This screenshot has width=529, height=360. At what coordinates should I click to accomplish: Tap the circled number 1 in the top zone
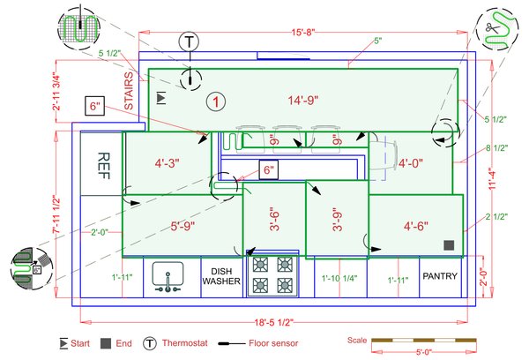tap(216, 101)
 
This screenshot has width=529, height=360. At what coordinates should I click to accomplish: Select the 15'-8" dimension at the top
tap(303, 33)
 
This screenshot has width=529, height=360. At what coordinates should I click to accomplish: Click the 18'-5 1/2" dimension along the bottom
tap(274, 322)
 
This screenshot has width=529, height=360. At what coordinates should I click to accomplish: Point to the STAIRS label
tap(129, 91)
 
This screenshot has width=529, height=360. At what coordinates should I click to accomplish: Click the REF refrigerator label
tap(103, 166)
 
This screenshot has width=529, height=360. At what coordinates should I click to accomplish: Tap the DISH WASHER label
tap(221, 276)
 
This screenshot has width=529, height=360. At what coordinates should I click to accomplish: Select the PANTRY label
tap(440, 276)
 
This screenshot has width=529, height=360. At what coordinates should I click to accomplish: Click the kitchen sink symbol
tap(168, 277)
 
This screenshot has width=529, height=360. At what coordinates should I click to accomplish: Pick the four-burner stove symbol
tap(272, 276)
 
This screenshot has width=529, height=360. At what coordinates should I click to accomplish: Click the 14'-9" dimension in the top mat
tap(303, 101)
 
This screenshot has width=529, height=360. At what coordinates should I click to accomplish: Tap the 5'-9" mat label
tap(183, 226)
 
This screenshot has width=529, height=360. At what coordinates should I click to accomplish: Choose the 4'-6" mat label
tap(416, 226)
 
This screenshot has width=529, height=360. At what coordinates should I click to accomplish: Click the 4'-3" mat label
tap(168, 163)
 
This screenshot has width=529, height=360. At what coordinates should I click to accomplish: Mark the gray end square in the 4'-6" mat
tap(449, 245)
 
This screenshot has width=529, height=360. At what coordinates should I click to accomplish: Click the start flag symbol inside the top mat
tap(161, 98)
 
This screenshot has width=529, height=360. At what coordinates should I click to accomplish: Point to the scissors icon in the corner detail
tap(492, 27)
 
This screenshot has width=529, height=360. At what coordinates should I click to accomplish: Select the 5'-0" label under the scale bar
tap(424, 353)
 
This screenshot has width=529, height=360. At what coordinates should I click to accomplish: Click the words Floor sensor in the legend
tap(273, 343)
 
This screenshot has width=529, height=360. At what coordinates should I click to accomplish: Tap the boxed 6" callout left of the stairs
tap(95, 106)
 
